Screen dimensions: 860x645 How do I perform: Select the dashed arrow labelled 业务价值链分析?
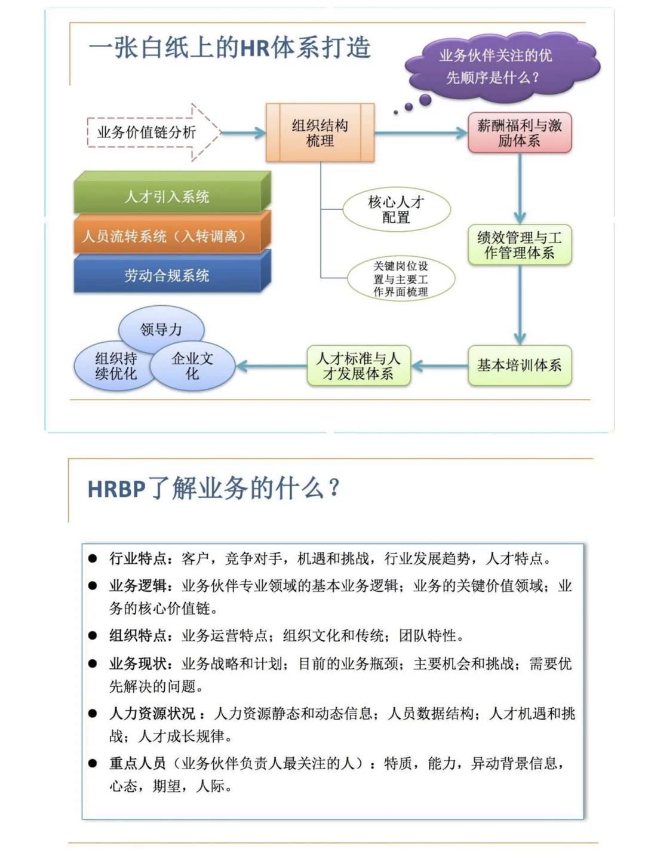click(x=149, y=133)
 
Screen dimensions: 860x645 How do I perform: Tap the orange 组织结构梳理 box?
click(x=320, y=133)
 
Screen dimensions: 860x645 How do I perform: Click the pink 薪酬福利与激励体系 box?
click(x=520, y=133)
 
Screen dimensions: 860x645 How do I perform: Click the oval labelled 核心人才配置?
click(x=396, y=210)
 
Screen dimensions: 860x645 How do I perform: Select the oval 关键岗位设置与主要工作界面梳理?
click(x=401, y=279)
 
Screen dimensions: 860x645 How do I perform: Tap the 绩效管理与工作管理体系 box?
click(x=520, y=245)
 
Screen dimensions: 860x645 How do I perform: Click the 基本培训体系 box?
click(x=520, y=365)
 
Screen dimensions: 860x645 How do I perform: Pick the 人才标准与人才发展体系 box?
click(x=358, y=365)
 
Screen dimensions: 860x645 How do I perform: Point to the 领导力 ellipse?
click(x=161, y=328)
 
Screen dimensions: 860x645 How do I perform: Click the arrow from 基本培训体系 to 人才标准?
click(x=440, y=365)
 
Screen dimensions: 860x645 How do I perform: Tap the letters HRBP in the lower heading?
click(x=116, y=489)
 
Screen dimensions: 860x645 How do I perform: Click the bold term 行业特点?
click(x=137, y=558)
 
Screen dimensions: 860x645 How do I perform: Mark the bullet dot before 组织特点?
click(x=93, y=635)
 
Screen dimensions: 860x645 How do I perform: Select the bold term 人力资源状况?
click(x=152, y=714)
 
